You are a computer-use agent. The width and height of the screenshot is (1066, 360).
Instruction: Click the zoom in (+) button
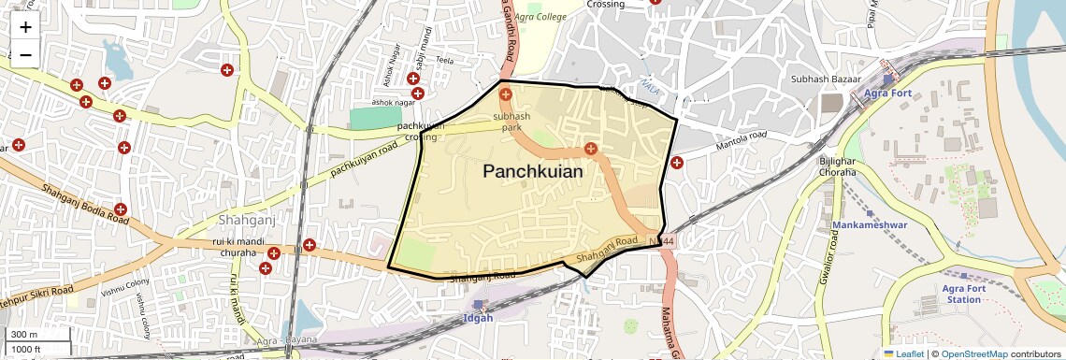click(25, 27)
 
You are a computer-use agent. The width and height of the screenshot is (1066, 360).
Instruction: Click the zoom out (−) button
click(25, 54)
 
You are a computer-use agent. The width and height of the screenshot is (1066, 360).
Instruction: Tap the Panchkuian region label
click(533, 172)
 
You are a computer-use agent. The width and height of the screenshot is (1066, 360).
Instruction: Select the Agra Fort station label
click(888, 94)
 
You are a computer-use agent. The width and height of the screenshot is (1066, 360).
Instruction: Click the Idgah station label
click(479, 318)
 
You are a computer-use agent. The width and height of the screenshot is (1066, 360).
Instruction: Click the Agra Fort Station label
click(963, 294)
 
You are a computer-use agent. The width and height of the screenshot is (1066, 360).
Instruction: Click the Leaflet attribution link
click(904, 353)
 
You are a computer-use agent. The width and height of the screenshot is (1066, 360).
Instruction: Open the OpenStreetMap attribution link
click(973, 353)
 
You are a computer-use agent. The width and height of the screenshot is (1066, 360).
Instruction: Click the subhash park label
click(511, 121)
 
